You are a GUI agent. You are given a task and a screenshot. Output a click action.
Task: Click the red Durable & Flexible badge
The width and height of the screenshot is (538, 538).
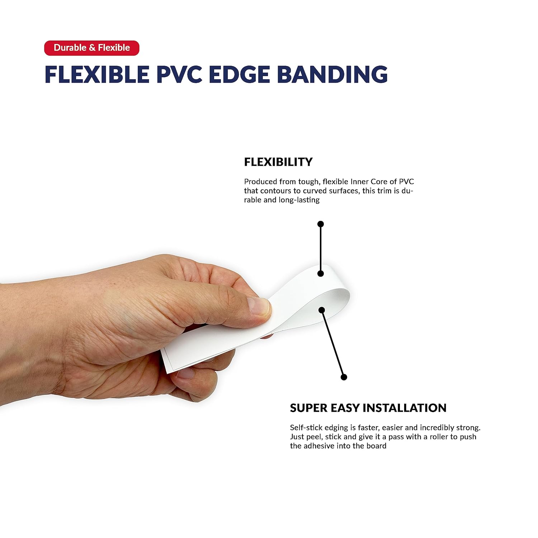[x=91, y=48]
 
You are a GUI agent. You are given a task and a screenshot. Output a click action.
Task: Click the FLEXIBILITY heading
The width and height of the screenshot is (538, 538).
[x=278, y=162]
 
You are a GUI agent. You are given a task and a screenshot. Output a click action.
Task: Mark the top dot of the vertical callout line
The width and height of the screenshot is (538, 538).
[x=321, y=224]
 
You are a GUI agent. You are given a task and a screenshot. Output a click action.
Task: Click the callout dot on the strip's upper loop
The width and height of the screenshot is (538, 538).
[x=321, y=273]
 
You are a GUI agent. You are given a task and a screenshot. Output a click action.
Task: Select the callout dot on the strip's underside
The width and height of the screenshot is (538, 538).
[x=322, y=310]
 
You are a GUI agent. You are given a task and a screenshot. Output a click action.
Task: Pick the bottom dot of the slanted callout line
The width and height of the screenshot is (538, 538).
[x=344, y=377]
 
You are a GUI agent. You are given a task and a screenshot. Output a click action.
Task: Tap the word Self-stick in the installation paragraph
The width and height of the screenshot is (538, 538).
[x=306, y=428]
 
